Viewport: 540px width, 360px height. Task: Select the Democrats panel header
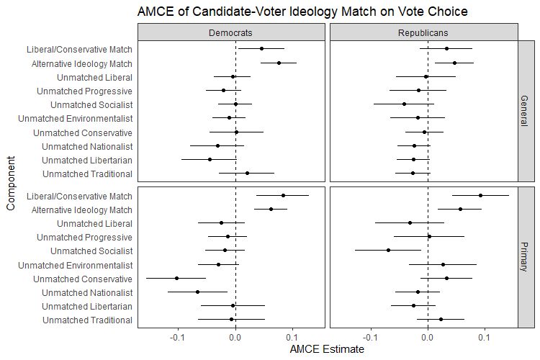point(231,33)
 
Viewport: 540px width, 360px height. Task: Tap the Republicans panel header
point(423,33)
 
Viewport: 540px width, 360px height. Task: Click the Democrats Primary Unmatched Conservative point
point(176,278)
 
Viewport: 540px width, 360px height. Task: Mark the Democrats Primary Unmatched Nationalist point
point(197,292)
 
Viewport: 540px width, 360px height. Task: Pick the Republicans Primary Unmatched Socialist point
point(388,251)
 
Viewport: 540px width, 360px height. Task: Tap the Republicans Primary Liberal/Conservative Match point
point(480,194)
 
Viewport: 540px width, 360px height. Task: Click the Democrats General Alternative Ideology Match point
point(279,63)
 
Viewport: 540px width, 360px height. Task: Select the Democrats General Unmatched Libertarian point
point(210,160)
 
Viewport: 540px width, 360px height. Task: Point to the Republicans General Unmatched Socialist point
point(405,104)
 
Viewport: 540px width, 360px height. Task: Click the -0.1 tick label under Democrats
point(177,337)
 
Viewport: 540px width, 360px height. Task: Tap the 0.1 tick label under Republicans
point(485,337)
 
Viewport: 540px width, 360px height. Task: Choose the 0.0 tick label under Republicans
point(428,337)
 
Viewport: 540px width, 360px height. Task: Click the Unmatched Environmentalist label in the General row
point(75,119)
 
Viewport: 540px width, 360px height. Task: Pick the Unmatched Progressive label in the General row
point(84,91)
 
